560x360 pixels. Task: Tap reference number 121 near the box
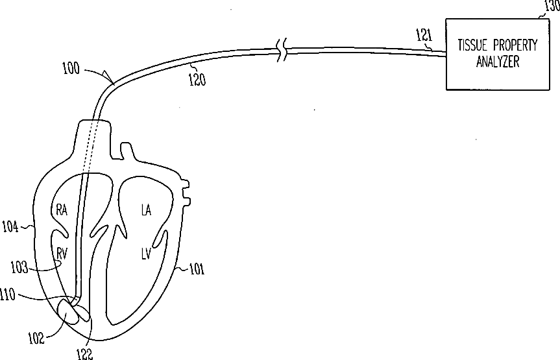[424, 38]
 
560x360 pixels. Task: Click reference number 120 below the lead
[197, 78]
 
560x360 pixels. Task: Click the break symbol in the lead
[282, 49]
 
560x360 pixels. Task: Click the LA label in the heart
[147, 210]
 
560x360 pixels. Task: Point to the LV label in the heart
[147, 253]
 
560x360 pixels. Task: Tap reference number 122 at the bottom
[84, 352]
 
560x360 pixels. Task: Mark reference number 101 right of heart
[195, 269]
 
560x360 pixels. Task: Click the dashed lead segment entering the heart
[88, 149]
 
